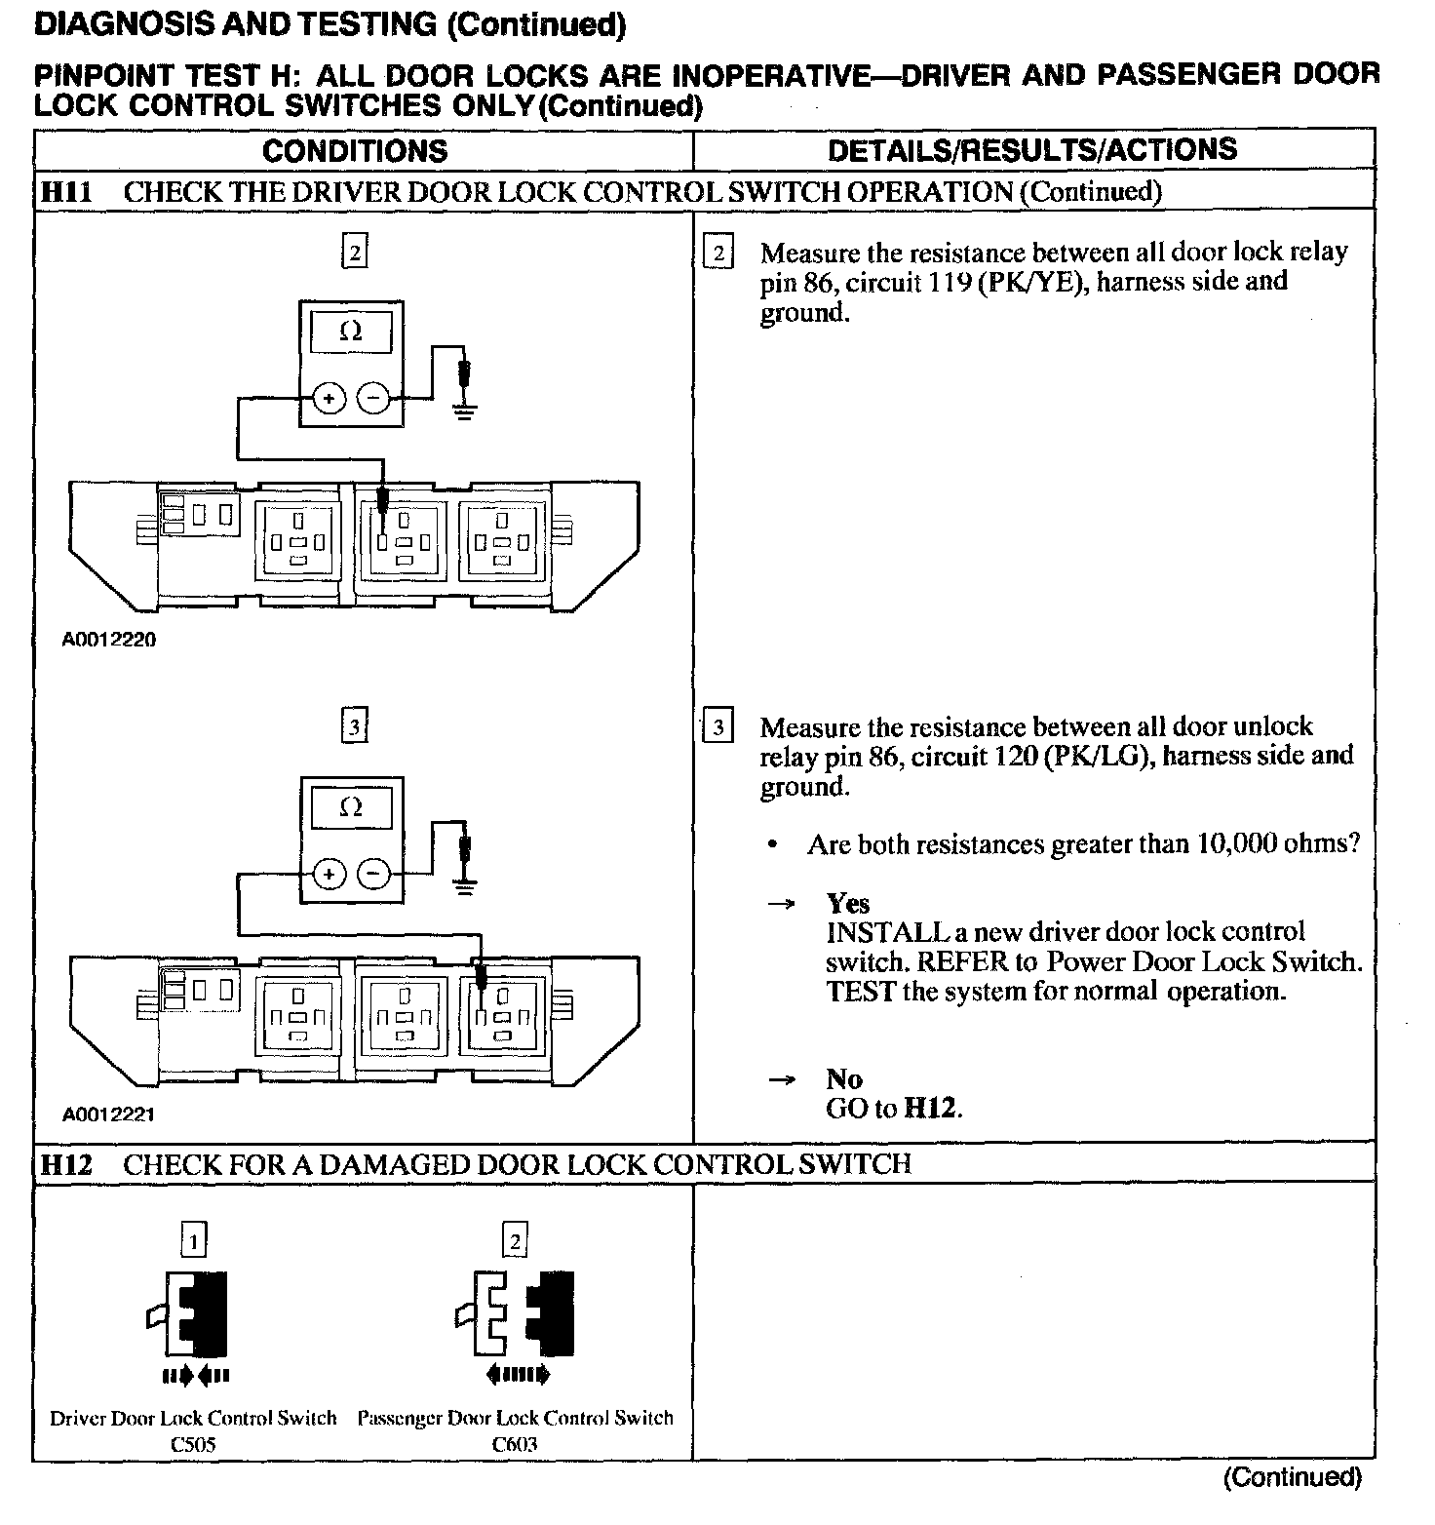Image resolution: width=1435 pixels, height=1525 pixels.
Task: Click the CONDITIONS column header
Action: point(355,150)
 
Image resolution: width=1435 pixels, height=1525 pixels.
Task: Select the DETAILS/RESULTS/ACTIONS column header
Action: point(1031,149)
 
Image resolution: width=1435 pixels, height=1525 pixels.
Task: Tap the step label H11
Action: point(66,192)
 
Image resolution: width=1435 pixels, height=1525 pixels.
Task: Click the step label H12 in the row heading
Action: point(66,1164)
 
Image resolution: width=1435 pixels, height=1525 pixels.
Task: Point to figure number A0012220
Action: point(108,640)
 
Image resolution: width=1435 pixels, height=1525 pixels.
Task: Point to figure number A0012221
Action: point(108,1114)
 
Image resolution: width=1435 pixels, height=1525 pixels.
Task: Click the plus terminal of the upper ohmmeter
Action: point(329,398)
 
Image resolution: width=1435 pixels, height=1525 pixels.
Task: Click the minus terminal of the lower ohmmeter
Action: point(373,874)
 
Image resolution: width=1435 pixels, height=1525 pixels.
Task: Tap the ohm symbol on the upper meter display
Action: point(351,332)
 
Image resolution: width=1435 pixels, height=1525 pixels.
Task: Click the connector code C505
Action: point(193,1444)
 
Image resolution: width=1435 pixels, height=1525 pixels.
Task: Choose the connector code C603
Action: point(515,1444)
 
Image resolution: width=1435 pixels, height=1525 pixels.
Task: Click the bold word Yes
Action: point(847,903)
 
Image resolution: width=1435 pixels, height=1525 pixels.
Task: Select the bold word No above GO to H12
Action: point(844,1078)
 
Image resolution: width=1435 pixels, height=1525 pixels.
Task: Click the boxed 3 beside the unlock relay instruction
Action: point(717,728)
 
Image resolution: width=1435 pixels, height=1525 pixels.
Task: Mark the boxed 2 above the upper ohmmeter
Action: point(354,254)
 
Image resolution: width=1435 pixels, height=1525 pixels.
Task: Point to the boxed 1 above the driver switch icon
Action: point(194,1240)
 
